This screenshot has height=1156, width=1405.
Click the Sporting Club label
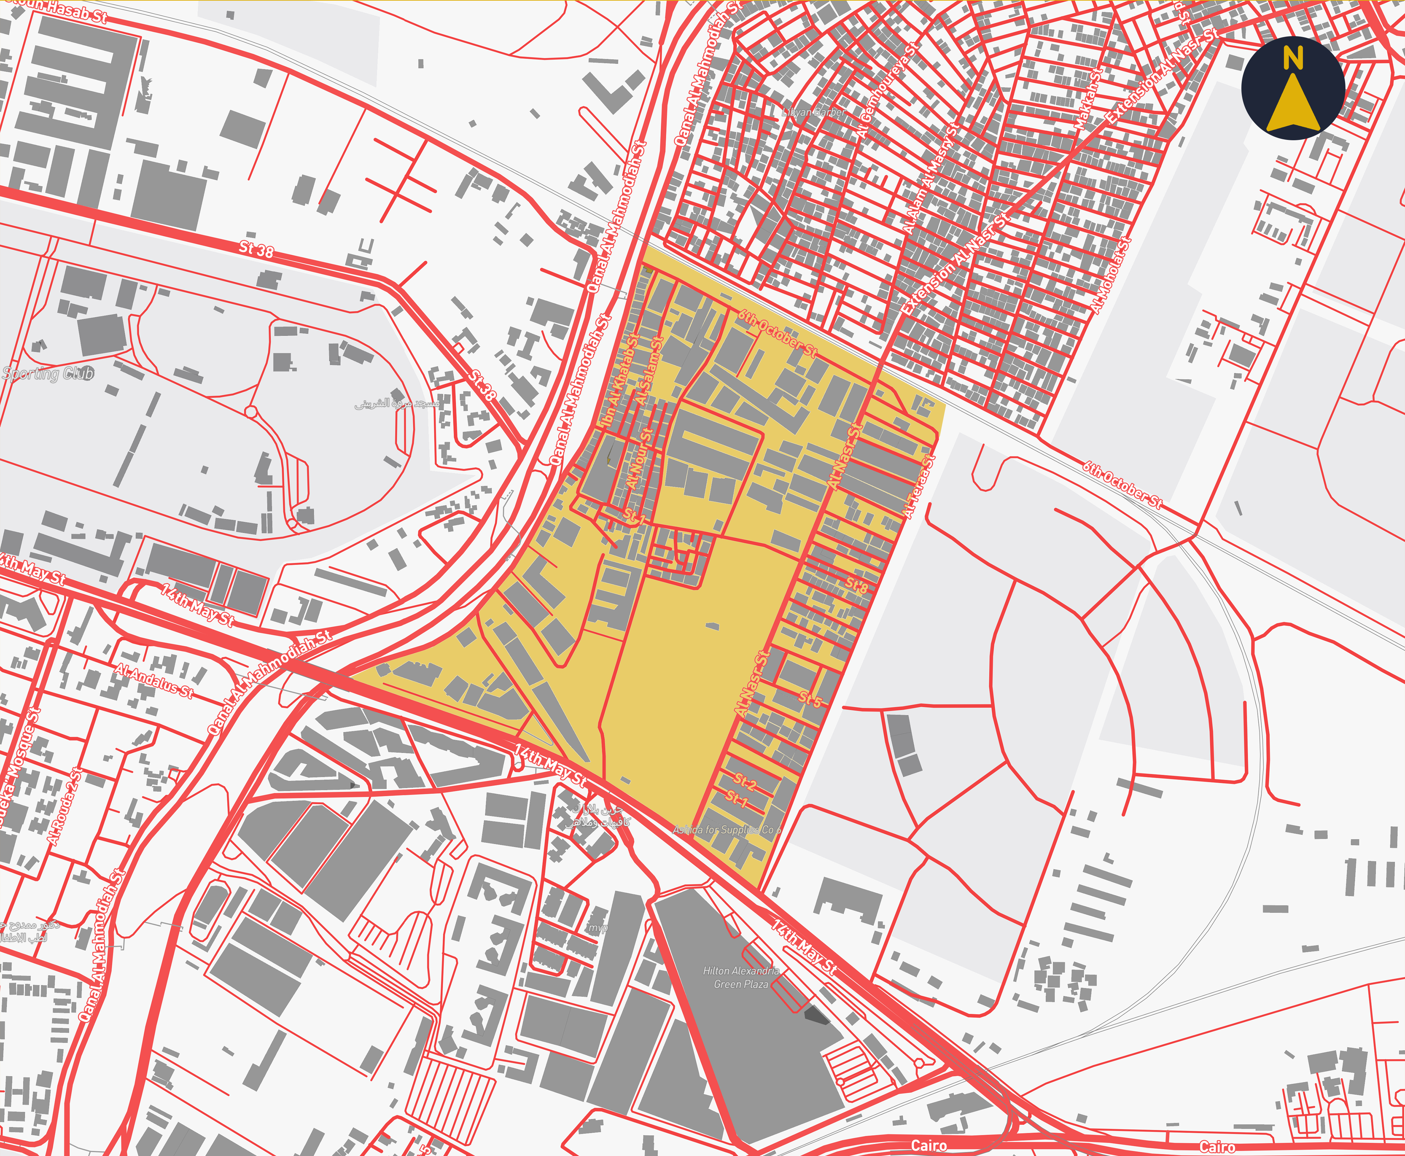pos(48,374)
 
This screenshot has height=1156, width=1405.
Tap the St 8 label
pos(857,585)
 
